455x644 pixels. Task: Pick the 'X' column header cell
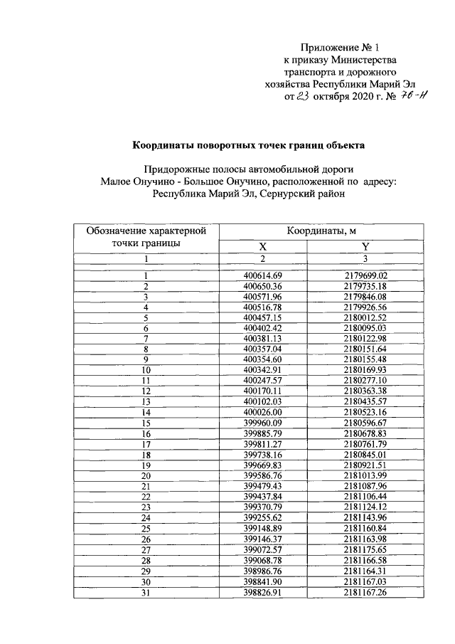pyautogui.click(x=262, y=246)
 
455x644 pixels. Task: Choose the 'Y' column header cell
pyautogui.click(x=365, y=246)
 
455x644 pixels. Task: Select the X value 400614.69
pyautogui.click(x=263, y=275)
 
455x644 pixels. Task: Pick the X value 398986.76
pyautogui.click(x=263, y=571)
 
